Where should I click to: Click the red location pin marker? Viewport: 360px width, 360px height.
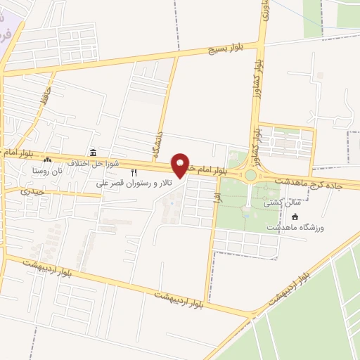pos(181,165)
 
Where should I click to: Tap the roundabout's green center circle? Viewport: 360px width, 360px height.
pos(250,175)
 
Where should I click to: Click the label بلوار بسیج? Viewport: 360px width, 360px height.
pos(226,48)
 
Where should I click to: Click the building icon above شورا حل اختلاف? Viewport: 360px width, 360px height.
pos(93,153)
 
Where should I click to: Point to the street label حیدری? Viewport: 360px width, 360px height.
pos(32,191)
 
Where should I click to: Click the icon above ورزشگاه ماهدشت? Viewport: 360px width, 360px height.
pos(295,217)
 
